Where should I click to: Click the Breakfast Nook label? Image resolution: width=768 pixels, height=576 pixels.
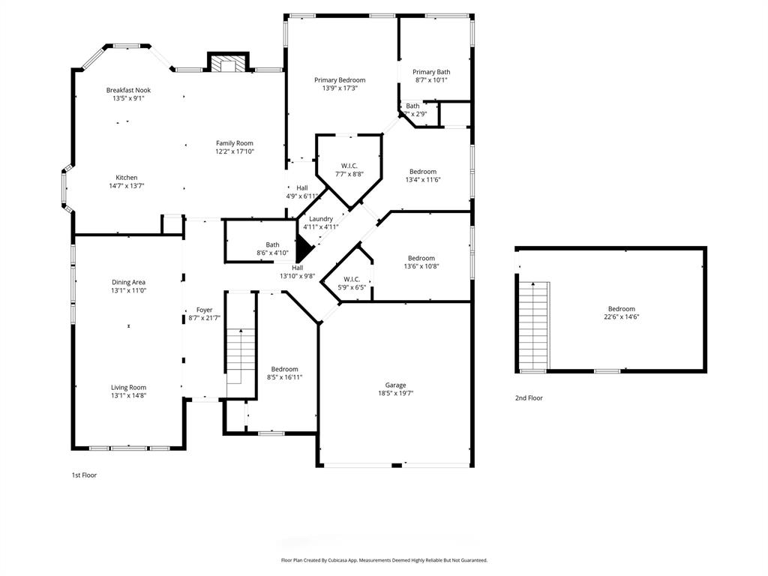pos(128,90)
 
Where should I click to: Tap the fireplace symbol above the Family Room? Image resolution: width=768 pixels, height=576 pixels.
pos(227,64)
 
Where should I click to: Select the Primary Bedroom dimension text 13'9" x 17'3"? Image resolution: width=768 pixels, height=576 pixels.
pos(340,88)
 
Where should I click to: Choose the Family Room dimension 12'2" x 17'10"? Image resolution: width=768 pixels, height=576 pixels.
pos(235,151)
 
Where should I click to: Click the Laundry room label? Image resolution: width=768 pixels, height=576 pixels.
pos(320,219)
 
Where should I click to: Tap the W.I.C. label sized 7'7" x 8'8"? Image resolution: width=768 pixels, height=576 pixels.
pos(349,166)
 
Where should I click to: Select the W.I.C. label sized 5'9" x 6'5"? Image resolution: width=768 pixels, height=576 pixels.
pos(351,279)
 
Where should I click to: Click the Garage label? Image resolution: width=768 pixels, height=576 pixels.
pos(395,385)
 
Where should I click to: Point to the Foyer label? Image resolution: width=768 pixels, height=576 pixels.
pos(204,310)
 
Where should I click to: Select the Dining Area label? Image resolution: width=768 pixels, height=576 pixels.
pos(128,282)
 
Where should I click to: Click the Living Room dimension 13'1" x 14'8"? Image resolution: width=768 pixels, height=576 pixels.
pos(128,395)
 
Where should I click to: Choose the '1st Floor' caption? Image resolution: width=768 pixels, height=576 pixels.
pos(84,475)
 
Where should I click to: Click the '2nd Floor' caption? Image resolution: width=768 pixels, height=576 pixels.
pos(528,398)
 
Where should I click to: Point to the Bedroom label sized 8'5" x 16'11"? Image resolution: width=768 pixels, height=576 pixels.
pos(284,369)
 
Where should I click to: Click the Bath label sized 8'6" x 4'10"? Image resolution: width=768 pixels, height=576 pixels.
pos(272,244)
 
